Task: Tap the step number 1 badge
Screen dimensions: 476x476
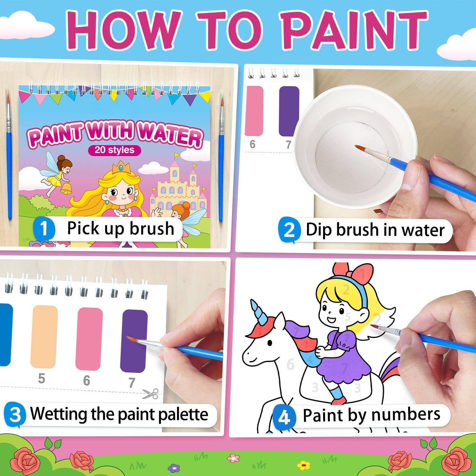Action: [44, 230]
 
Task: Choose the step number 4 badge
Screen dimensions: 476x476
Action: [284, 417]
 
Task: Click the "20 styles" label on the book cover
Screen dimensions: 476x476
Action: [114, 150]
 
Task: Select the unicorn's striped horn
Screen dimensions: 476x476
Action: [257, 311]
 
